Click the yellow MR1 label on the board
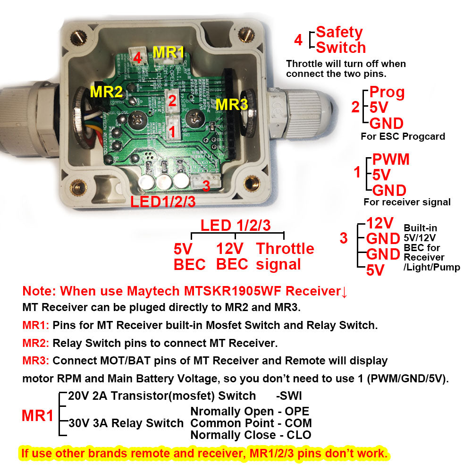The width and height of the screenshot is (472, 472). [169, 52]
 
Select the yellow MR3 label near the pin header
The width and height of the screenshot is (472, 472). [231, 104]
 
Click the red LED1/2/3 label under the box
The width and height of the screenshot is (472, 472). [163, 202]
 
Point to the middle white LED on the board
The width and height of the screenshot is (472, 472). [164, 182]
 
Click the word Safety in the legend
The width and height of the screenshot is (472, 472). [339, 32]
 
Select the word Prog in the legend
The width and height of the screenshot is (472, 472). [387, 92]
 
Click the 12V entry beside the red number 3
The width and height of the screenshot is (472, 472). [380, 223]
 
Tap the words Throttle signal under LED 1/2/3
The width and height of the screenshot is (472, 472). [285, 256]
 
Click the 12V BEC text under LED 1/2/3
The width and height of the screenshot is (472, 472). [232, 256]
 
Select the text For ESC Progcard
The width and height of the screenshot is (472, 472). [402, 137]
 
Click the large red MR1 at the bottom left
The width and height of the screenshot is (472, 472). [37, 416]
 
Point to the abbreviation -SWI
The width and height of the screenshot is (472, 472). [289, 396]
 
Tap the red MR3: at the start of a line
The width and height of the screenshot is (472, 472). [35, 361]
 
